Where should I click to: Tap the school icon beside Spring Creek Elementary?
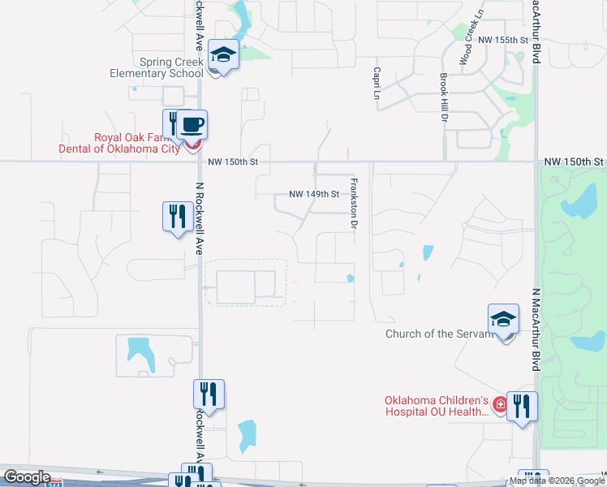click(223, 55)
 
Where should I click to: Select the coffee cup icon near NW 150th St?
click(192, 125)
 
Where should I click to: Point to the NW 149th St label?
click(313, 195)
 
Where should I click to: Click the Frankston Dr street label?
click(353, 203)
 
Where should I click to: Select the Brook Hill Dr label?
click(444, 97)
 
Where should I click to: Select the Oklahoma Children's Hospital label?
click(437, 406)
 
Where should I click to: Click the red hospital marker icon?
click(500, 403)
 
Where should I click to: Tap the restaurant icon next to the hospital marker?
click(522, 406)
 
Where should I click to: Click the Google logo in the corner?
click(26, 477)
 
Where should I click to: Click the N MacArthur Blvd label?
click(536, 330)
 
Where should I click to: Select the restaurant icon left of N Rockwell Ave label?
click(178, 217)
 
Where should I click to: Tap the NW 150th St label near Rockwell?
click(233, 162)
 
